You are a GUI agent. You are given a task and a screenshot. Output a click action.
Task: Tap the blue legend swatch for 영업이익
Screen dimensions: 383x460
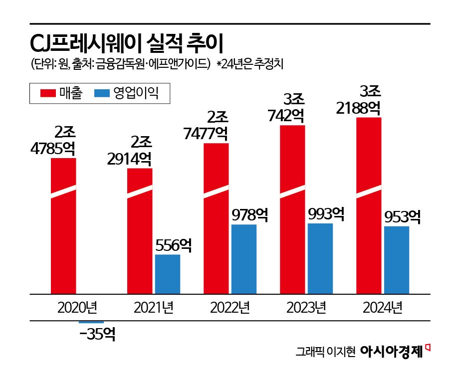point(101,93)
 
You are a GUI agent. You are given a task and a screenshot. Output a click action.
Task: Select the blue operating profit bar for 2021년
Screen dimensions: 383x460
point(167,274)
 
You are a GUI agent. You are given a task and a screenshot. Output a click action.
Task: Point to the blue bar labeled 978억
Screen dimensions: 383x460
point(244,259)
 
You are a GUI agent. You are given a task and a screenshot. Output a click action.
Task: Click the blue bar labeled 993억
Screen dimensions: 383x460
point(320,258)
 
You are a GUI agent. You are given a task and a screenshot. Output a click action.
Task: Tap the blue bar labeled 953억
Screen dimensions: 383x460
point(397,260)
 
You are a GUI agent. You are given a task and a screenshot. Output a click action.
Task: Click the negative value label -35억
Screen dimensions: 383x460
point(97,334)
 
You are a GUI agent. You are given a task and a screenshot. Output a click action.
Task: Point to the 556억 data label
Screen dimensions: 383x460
point(173,245)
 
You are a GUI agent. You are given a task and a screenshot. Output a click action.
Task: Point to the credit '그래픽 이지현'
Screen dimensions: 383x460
point(325,352)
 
